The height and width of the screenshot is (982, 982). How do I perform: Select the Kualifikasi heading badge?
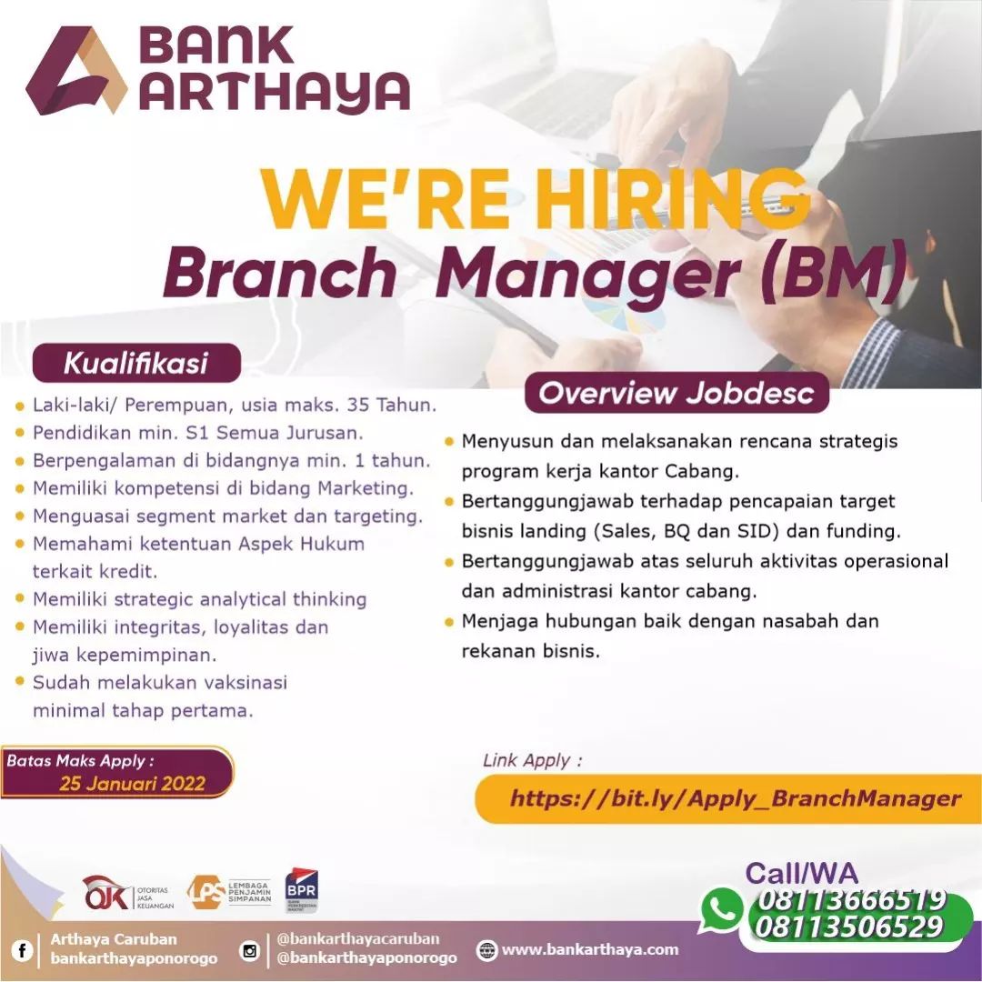coord(136,363)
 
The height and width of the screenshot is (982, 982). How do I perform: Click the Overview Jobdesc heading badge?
coord(676,393)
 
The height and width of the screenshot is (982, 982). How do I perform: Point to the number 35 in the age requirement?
coord(358,405)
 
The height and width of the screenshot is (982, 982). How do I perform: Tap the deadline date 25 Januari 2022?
coord(133,784)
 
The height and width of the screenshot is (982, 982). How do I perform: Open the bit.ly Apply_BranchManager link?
coord(736,798)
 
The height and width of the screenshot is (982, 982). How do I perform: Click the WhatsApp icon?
coord(722,910)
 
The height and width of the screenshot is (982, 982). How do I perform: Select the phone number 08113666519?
coord(852,900)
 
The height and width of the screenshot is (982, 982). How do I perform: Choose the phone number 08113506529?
coord(849,927)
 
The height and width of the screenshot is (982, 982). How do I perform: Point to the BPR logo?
coord(301,890)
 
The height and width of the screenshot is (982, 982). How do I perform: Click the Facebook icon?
coord(22,951)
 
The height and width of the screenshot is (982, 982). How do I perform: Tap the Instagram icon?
coord(250,951)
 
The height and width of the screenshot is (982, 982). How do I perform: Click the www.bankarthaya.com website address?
coord(590,949)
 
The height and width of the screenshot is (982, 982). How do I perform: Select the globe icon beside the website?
coord(486,950)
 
